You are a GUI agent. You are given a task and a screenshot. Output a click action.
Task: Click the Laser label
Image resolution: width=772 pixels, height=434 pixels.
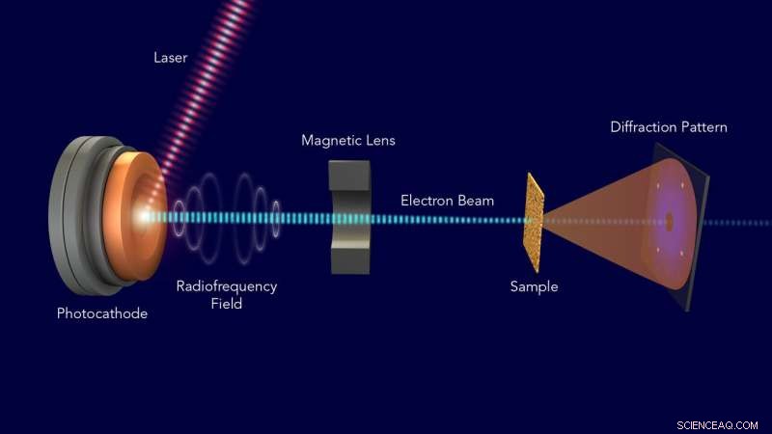click(170, 57)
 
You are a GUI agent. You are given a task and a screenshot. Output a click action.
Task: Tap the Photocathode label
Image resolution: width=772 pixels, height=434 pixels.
click(102, 313)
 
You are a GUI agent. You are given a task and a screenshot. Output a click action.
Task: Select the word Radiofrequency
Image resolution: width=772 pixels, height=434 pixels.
click(226, 286)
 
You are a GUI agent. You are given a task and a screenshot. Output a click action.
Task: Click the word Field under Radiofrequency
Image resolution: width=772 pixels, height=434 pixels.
click(226, 303)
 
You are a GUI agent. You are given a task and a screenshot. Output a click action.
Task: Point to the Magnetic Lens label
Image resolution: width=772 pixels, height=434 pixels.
click(347, 141)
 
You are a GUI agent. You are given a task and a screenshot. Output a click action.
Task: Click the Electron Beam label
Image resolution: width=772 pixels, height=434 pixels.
click(447, 201)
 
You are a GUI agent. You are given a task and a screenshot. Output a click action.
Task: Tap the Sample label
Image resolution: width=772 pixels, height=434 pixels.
click(534, 286)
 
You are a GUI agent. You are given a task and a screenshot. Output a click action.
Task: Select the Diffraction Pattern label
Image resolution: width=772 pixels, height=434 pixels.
click(669, 127)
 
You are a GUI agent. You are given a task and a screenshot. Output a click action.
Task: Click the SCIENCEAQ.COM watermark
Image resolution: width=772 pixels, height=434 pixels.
click(718, 423)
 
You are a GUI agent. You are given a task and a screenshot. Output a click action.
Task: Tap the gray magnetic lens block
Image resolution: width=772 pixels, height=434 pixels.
click(348, 217)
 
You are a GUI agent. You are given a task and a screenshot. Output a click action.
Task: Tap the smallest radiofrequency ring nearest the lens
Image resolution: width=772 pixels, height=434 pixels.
click(277, 218)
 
